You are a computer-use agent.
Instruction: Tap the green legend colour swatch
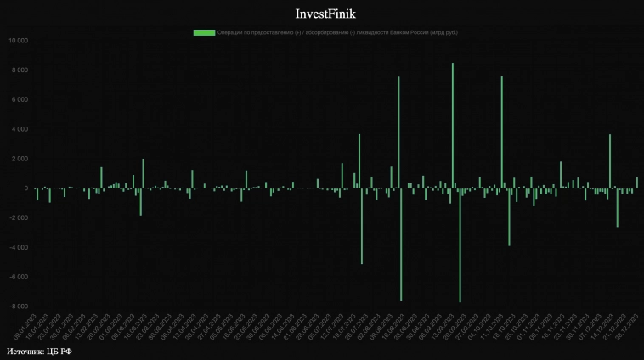[204, 32]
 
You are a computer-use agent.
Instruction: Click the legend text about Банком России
[336, 32]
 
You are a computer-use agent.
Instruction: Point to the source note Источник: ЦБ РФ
[39, 351]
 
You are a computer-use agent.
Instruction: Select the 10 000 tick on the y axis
[17, 41]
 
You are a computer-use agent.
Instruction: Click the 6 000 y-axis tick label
[19, 99]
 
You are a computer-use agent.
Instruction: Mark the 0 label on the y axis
[25, 188]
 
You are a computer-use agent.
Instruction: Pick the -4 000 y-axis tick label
[17, 247]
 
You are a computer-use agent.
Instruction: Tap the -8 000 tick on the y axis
[17, 307]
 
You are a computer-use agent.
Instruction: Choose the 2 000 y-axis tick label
[19, 159]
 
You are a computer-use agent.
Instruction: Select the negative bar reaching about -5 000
[362, 226]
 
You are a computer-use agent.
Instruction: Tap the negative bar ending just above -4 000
[509, 217]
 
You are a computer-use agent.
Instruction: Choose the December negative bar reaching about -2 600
[618, 207]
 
